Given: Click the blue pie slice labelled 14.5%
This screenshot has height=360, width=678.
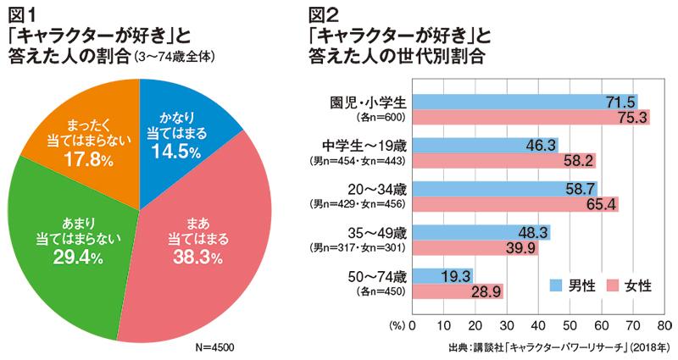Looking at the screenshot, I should tap(173, 136).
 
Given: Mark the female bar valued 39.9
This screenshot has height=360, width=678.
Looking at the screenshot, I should tap(475, 247).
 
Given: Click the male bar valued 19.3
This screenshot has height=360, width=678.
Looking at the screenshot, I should tap(442, 276).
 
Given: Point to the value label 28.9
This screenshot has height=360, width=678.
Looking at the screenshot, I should tap(488, 291).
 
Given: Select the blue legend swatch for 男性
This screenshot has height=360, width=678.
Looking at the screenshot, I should tap(558, 286).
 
